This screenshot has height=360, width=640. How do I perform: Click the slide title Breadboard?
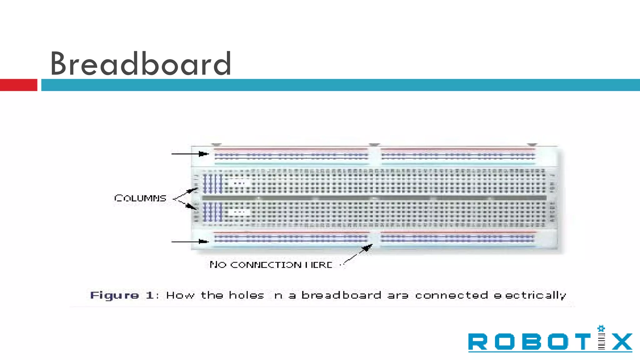141,64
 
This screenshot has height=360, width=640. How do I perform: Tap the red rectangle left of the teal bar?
18,85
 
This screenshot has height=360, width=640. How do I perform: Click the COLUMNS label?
140,198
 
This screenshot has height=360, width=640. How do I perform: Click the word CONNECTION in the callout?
266,265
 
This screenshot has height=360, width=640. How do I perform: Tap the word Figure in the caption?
114,295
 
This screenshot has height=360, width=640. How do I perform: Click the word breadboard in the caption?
341,295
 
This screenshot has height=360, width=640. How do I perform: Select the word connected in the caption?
451,295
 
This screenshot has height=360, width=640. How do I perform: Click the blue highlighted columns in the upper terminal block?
212,184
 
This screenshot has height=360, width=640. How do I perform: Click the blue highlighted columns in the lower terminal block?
212,212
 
